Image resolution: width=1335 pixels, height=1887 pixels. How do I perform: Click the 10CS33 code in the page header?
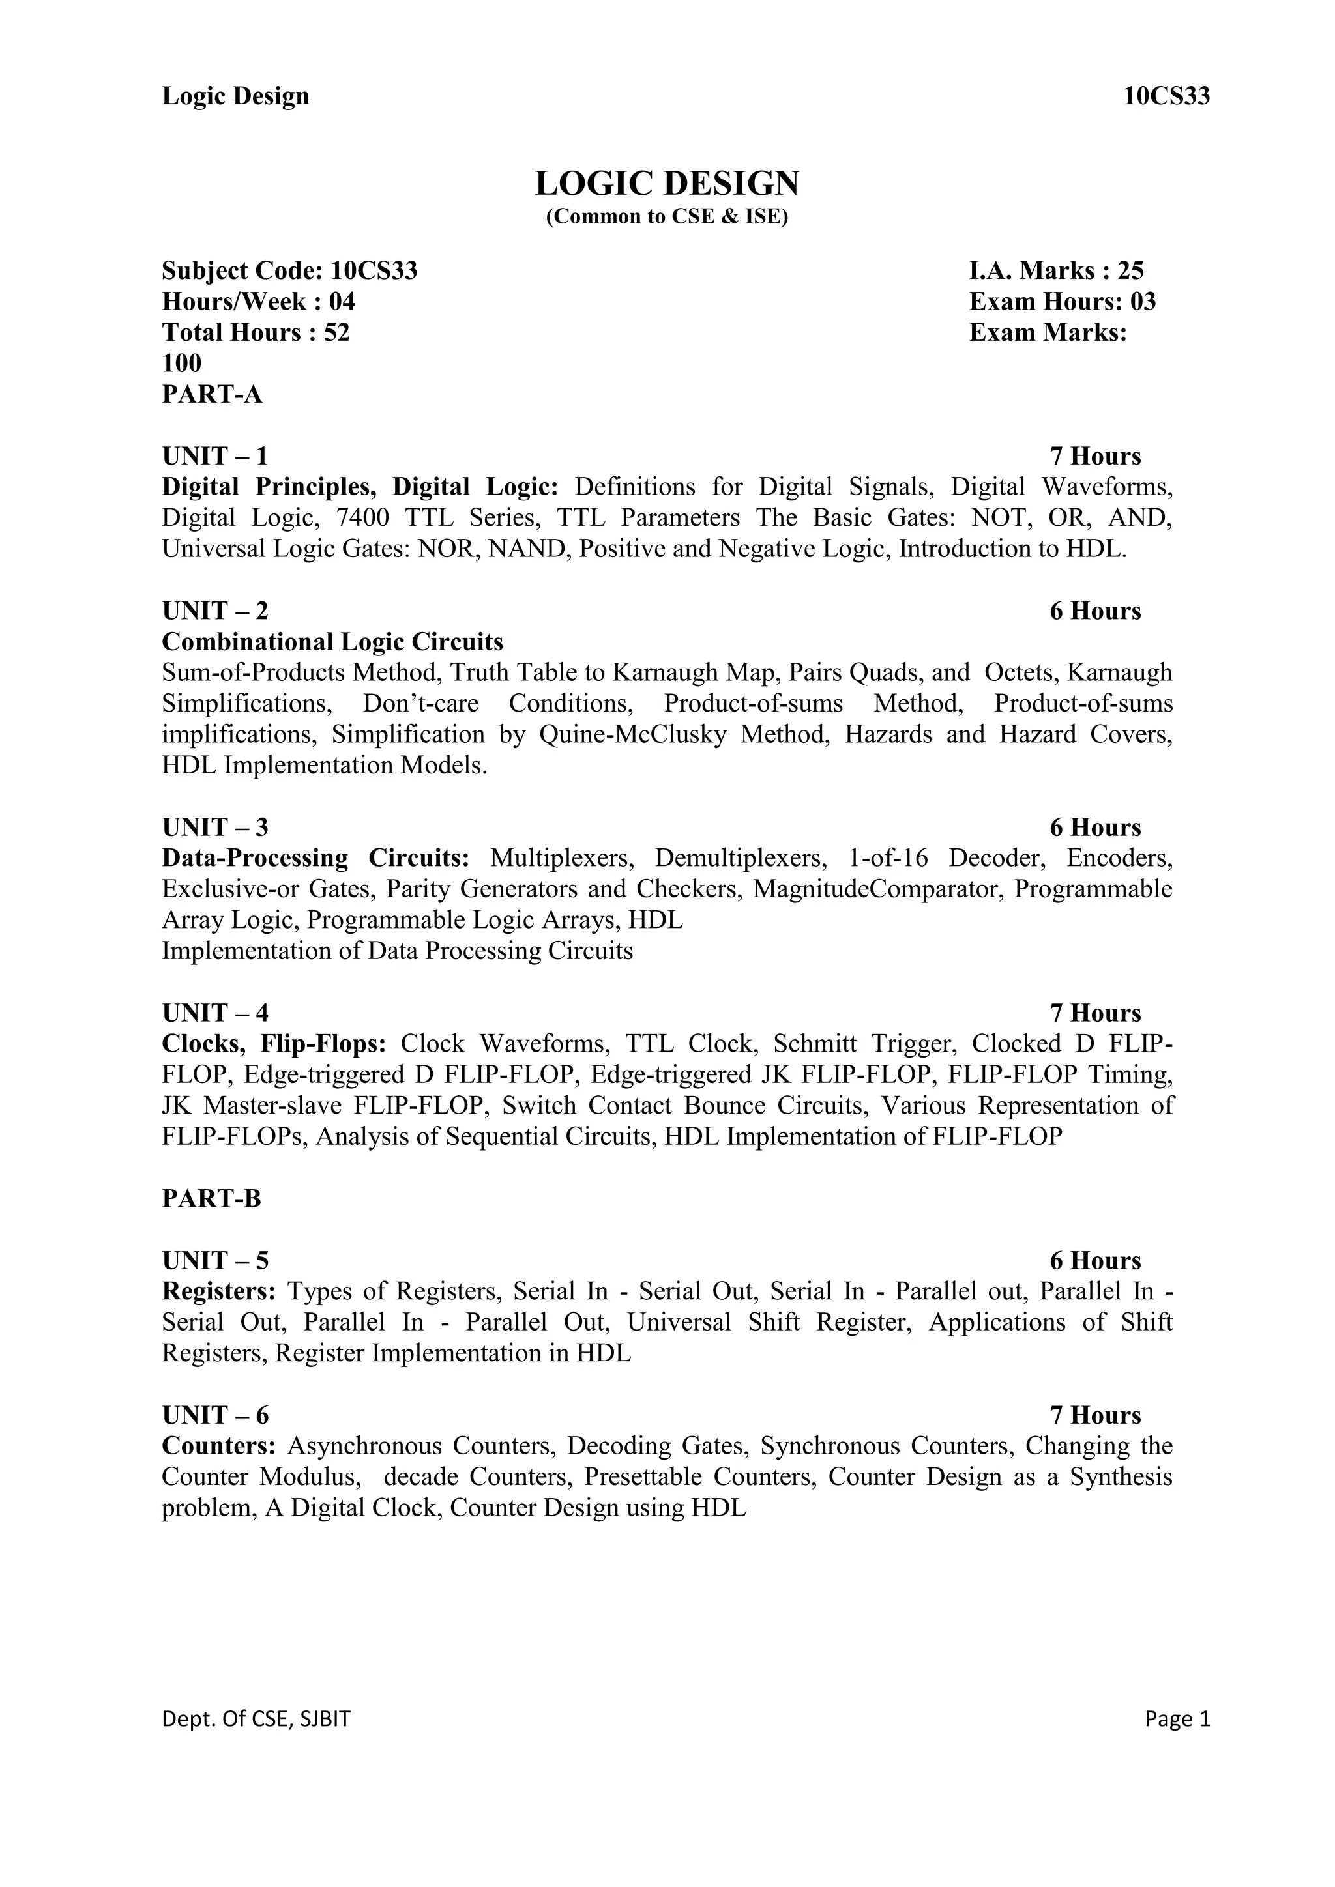click(1166, 96)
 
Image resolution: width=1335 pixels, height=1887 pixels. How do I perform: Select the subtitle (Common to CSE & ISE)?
click(667, 217)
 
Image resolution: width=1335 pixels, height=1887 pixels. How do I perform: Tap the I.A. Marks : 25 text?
click(1056, 270)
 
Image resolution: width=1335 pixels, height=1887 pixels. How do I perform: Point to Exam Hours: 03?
click(1062, 302)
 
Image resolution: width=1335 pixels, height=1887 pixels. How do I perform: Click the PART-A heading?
click(212, 394)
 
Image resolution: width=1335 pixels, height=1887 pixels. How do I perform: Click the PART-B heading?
click(211, 1199)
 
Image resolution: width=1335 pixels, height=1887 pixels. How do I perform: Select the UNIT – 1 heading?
click(214, 456)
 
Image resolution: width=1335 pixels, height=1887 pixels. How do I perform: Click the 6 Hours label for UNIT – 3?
click(1095, 828)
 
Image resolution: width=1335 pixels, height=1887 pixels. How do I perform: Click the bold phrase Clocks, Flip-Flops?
click(274, 1044)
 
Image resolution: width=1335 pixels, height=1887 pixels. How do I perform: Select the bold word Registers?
click(218, 1291)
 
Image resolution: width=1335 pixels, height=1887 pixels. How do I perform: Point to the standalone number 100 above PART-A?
click(182, 364)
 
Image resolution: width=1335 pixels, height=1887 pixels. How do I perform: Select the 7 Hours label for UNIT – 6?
click(1095, 1415)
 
